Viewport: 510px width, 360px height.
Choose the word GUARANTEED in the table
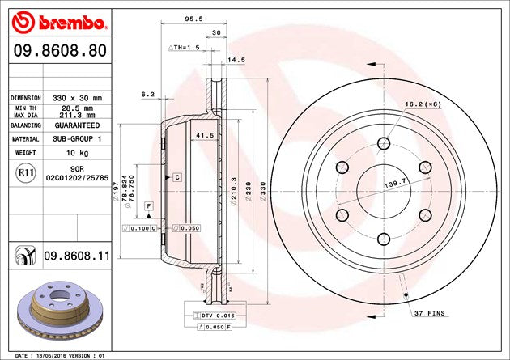coord(78,126)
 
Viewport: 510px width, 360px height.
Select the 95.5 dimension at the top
coord(191,17)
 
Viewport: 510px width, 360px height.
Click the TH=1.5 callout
coord(184,48)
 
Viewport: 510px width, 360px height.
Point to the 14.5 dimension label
coord(236,60)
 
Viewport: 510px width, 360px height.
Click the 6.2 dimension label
coord(147,95)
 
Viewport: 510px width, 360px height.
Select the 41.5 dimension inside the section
coord(204,136)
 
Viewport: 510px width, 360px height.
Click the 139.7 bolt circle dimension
coord(396,184)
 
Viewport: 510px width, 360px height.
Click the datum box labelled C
coord(176,176)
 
